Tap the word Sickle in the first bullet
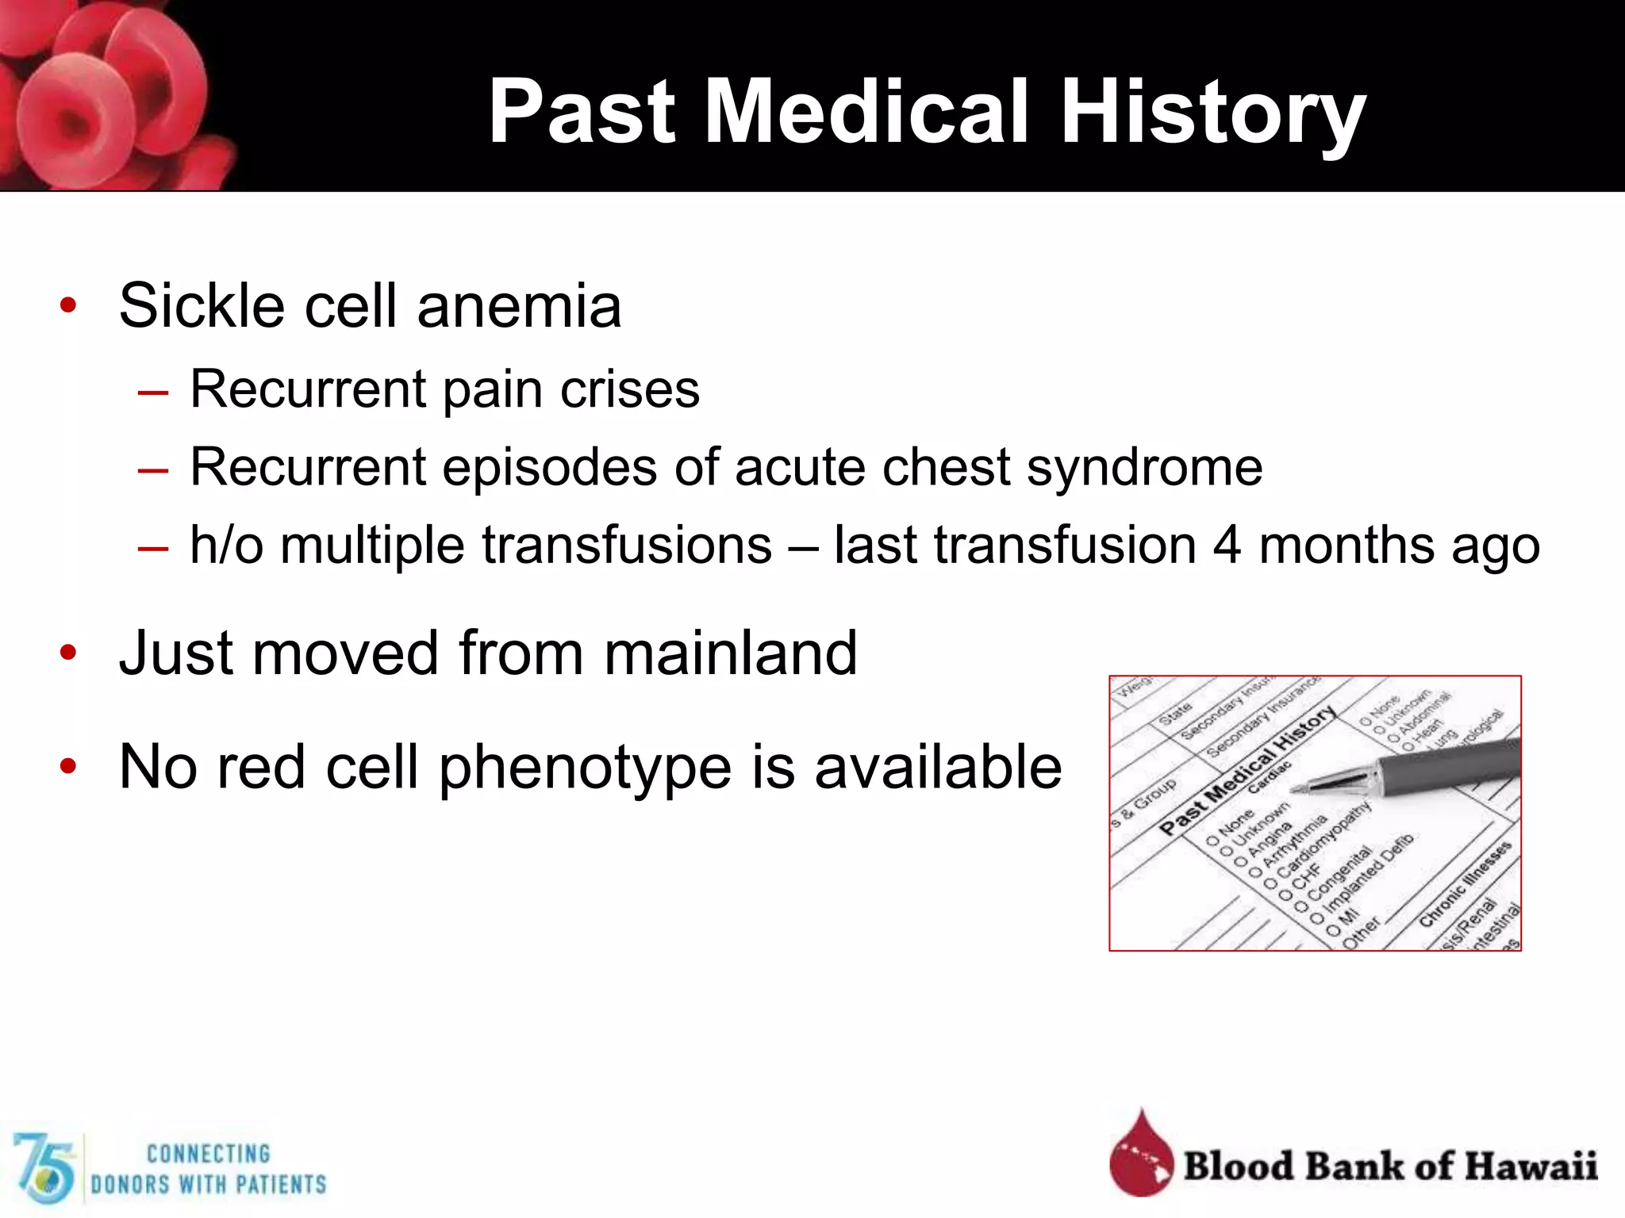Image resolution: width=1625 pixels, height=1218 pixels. [x=202, y=306]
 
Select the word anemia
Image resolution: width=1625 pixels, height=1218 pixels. [x=519, y=308]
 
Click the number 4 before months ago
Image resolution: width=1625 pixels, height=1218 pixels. [x=1227, y=546]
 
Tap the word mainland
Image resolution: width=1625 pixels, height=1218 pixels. [x=730, y=653]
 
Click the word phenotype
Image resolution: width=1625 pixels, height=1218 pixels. [x=585, y=768]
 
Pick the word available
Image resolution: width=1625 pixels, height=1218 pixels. [x=938, y=768]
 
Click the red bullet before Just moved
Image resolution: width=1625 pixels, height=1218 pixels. [x=68, y=653]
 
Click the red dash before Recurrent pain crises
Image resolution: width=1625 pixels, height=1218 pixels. [x=152, y=392]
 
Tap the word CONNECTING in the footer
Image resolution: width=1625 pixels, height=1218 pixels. [x=208, y=1154]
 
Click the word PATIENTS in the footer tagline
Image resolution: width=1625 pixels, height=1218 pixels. [x=282, y=1185]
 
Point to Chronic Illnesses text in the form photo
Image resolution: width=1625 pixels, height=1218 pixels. [x=1465, y=884]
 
